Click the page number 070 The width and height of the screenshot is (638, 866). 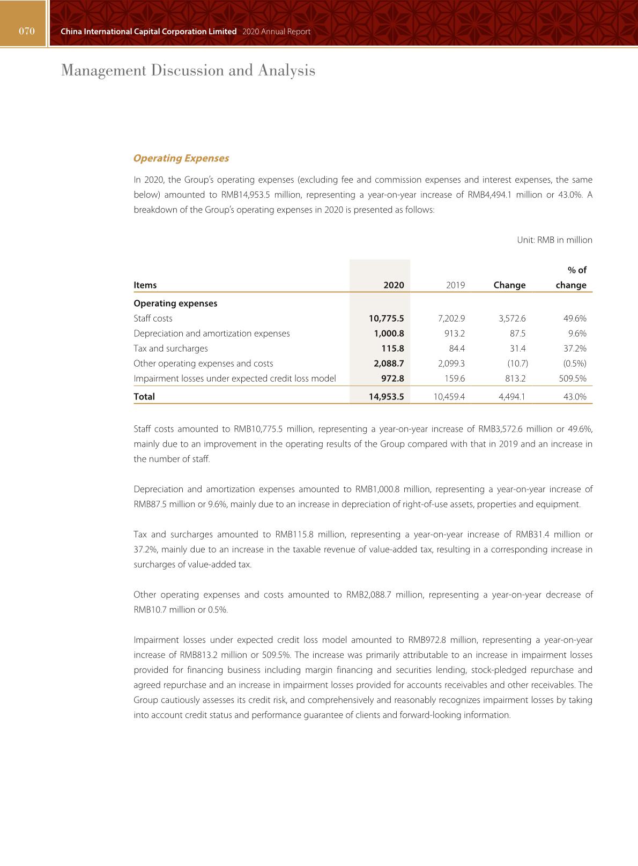point(27,31)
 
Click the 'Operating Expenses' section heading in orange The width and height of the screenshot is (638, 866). point(181,158)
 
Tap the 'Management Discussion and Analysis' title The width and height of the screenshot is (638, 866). point(188,70)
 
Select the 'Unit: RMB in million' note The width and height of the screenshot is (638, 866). point(554,240)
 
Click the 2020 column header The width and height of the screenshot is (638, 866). point(394,285)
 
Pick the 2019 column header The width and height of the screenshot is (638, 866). point(455,285)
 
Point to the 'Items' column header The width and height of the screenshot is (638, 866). point(145,285)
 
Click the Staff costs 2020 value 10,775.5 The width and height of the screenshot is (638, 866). point(386,319)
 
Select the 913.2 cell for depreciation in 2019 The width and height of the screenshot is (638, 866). point(455,334)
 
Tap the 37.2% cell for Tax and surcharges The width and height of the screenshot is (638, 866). point(575,349)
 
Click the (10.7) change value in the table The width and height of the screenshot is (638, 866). point(517,364)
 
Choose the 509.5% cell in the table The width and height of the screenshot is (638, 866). point(573,379)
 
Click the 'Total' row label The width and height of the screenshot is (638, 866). point(144,397)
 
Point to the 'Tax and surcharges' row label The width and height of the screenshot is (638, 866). point(170,349)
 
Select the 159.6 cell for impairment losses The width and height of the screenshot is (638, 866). point(455,379)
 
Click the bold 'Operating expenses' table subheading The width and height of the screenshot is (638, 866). point(175,304)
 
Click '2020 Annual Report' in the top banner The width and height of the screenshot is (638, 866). point(276,32)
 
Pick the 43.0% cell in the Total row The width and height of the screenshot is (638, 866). point(575,397)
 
